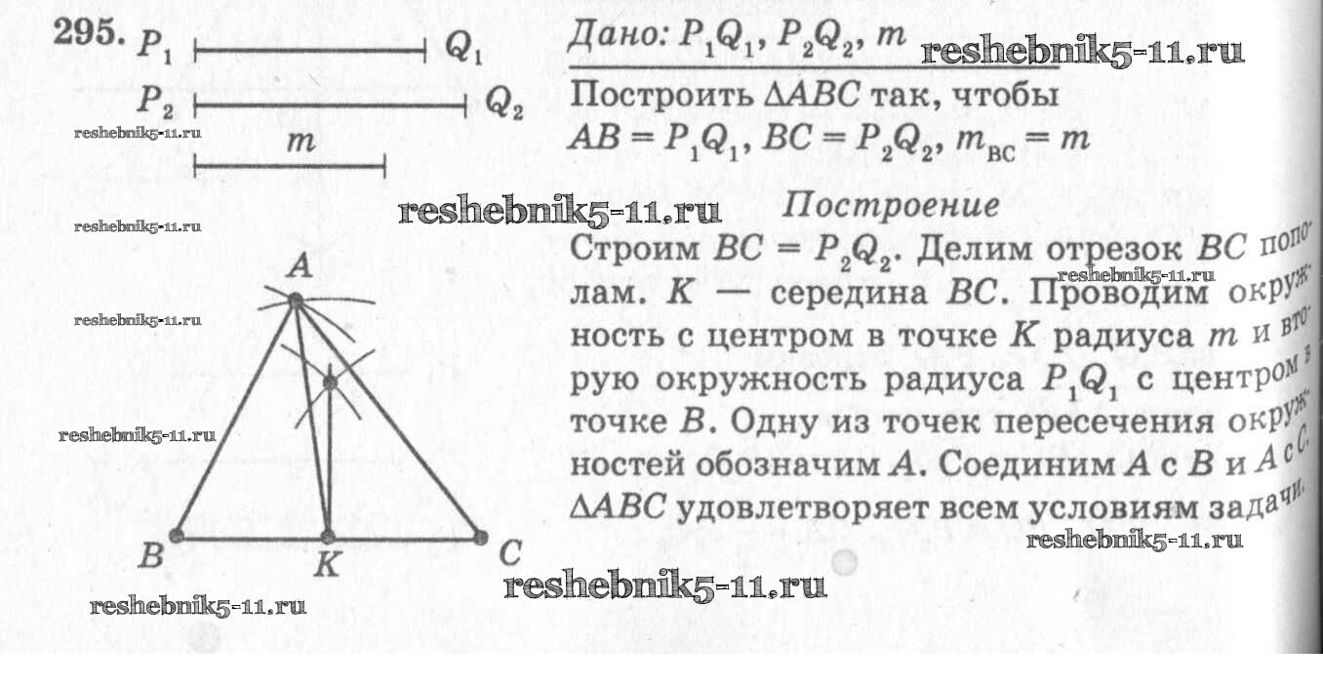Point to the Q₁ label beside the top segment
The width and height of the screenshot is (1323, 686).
coord(464,46)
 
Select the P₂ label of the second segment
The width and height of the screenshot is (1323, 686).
coord(156,101)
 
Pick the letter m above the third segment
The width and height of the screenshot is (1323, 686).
coord(301,141)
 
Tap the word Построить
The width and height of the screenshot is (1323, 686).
coord(661,96)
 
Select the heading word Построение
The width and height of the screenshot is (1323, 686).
coord(891,206)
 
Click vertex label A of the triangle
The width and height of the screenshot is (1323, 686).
coord(301,265)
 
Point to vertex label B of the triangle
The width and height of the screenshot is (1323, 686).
coord(151,555)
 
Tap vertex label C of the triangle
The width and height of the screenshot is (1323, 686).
coord(510,554)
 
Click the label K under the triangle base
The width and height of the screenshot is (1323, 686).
coord(327,566)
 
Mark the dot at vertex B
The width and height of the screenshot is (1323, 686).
coord(176,536)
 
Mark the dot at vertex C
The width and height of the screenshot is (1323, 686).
coord(481,538)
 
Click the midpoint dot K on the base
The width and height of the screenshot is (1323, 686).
coord(327,538)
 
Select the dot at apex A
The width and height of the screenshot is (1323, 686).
coord(296,301)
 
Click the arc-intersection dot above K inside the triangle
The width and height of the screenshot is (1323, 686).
coord(330,383)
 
